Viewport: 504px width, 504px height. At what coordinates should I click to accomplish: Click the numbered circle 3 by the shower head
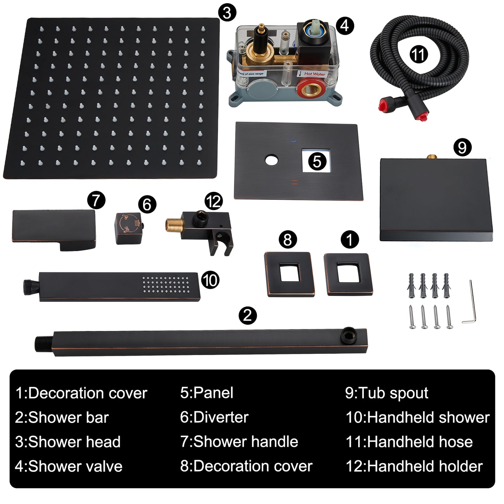click(227, 13)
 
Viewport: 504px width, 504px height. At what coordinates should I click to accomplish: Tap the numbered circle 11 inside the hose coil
click(418, 54)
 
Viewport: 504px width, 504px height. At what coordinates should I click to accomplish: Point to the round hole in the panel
click(271, 160)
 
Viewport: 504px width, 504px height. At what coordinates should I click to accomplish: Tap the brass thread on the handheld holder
click(173, 225)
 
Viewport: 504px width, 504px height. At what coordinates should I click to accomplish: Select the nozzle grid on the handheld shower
click(166, 285)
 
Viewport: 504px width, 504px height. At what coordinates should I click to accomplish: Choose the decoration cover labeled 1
click(348, 274)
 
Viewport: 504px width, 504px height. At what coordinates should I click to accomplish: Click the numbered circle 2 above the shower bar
click(247, 315)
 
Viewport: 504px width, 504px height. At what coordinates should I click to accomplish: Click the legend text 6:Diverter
click(214, 418)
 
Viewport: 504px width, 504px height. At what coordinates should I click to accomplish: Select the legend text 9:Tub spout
click(386, 393)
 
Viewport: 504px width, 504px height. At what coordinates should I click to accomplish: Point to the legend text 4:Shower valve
click(69, 466)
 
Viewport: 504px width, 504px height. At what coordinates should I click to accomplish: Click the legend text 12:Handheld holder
click(414, 466)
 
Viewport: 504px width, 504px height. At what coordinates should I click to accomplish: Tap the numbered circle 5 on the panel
click(317, 161)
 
